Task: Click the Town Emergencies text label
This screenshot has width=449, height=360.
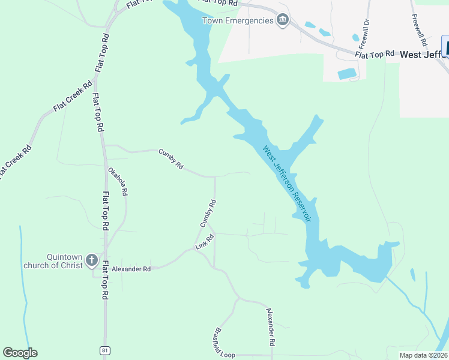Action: point(238,21)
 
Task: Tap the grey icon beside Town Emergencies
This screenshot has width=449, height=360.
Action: point(283,21)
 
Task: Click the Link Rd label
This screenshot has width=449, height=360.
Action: point(205,242)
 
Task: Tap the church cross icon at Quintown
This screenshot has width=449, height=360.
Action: point(91,260)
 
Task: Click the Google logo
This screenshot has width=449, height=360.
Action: point(20,353)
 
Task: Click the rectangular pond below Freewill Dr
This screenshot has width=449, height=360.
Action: point(346,74)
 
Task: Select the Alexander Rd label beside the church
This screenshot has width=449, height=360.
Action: point(130,269)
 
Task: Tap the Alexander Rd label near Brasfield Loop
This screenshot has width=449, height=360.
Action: point(271,326)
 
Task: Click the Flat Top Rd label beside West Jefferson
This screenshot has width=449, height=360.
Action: point(375,54)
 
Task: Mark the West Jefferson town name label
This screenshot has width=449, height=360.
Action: point(423,54)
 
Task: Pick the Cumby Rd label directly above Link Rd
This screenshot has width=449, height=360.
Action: point(208,214)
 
